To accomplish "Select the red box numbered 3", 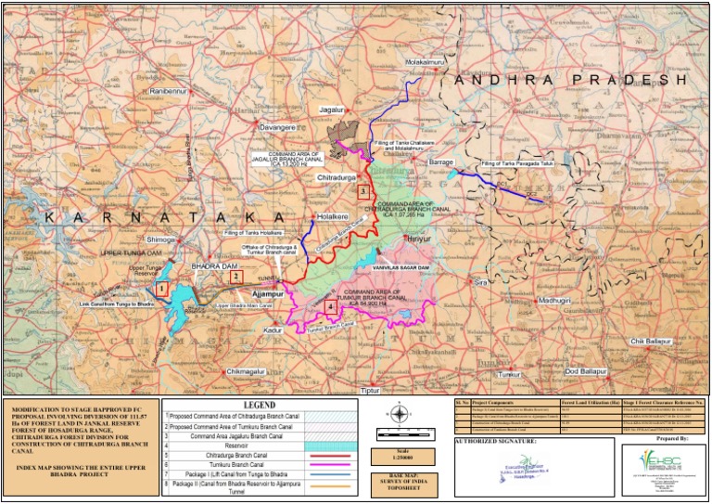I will [363, 191].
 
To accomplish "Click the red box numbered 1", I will [161, 290].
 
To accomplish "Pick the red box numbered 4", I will [331, 306].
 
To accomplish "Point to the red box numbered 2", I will [236, 276].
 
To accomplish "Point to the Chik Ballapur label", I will [650, 342].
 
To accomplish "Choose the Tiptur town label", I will [370, 391].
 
